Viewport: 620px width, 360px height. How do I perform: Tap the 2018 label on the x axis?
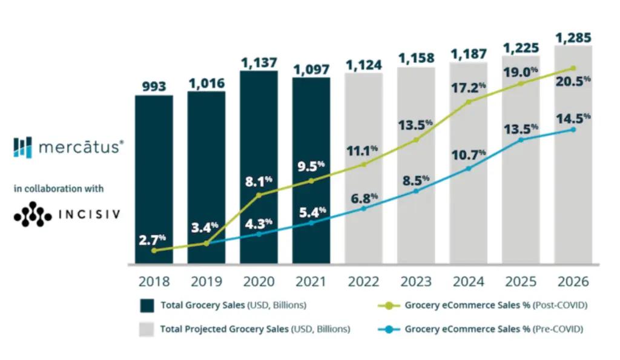click(154, 281)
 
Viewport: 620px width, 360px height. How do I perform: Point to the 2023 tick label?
click(416, 281)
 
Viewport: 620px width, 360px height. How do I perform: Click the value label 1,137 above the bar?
click(259, 62)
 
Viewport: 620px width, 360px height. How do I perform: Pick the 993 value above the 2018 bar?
click(154, 87)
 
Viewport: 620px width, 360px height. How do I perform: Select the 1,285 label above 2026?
click(573, 37)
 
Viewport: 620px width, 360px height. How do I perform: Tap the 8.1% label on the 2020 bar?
click(259, 179)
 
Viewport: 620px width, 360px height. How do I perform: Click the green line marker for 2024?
click(469, 102)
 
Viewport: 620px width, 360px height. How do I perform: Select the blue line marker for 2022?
click(364, 209)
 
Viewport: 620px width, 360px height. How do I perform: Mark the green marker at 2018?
click(154, 250)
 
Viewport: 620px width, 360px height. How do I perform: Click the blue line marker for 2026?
click(573, 129)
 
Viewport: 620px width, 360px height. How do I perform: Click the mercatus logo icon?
click(22, 147)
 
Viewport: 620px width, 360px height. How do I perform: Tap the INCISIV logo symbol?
click(32, 214)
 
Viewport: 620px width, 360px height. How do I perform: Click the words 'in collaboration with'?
click(59, 189)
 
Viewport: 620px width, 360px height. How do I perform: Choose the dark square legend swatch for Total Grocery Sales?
click(147, 305)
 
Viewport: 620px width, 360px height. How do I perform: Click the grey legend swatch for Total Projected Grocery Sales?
click(147, 330)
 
